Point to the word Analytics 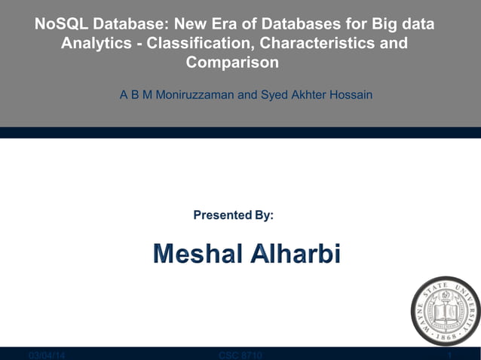(95, 44)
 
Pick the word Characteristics (319, 44)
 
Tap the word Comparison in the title (232, 63)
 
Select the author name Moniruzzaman (195, 96)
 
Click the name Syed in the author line (275, 96)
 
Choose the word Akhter (311, 96)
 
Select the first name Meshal (198, 255)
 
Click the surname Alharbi (296, 255)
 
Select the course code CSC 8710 (240, 355)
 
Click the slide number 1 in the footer (449, 355)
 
